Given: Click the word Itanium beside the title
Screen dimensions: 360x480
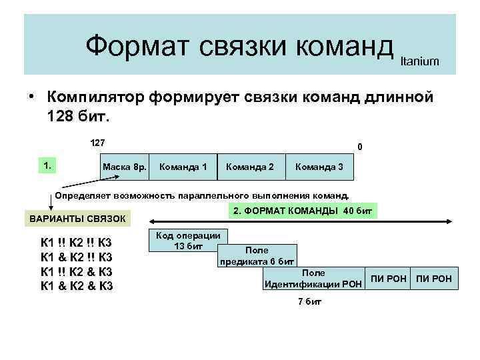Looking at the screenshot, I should [419, 61].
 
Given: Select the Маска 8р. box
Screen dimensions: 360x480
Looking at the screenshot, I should [124, 165].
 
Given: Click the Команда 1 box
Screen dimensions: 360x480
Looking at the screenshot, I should [183, 165].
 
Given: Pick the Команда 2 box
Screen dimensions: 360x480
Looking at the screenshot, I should [251, 165].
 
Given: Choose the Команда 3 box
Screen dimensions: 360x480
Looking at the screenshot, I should [319, 165].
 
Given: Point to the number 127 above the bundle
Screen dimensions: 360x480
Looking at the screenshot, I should [98, 142].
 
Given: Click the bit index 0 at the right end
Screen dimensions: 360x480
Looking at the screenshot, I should [359, 147].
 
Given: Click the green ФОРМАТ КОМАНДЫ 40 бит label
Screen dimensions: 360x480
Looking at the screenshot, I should [303, 211].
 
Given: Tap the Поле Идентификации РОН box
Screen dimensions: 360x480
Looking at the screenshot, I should [313, 279].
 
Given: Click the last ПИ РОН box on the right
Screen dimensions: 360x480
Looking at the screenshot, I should [435, 278].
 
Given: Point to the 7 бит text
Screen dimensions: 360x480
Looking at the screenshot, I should [309, 301].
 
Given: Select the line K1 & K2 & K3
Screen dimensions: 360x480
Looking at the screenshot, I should [77, 287].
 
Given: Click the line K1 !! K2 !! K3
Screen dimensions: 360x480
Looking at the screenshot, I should [77, 243].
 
